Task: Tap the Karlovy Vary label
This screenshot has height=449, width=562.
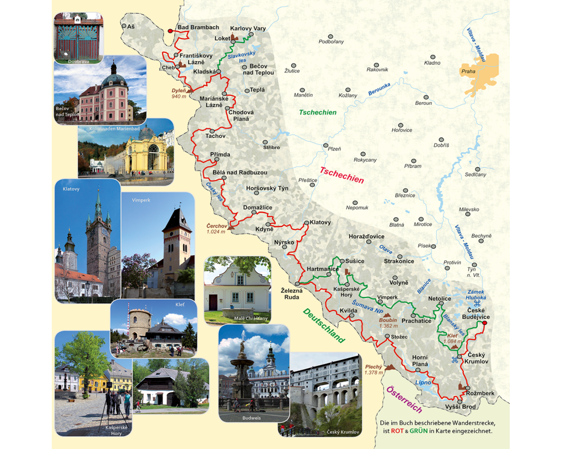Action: coord(248,28)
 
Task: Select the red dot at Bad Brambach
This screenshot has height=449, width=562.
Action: coord(170,31)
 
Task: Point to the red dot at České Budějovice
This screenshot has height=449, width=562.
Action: coord(484,323)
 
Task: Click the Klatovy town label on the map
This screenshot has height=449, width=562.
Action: coord(320,222)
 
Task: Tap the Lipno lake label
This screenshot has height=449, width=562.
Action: coord(423,382)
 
